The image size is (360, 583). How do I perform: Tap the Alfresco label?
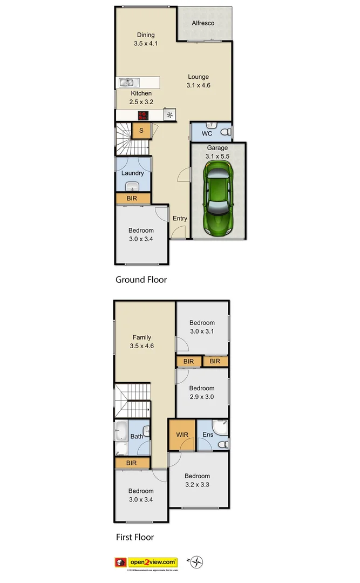[203, 23]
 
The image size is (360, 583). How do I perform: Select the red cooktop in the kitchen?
[143, 115]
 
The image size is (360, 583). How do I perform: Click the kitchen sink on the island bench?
[129, 83]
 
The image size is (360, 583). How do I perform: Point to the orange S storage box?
[141, 130]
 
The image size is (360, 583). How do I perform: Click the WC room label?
[207, 133]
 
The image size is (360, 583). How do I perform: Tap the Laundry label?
[132, 173]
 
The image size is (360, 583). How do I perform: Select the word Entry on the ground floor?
[180, 219]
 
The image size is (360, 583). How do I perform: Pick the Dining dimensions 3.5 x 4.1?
[146, 44]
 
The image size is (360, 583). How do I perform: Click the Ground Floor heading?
[141, 280]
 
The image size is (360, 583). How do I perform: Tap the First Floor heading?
[134, 537]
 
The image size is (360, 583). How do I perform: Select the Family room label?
[142, 337]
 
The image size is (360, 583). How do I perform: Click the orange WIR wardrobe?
[180, 435]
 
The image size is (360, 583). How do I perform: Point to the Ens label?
[207, 435]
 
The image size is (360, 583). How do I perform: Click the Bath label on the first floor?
[137, 436]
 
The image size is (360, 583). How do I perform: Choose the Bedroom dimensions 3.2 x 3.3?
[197, 485]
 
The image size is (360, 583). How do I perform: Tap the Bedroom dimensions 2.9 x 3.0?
[201, 397]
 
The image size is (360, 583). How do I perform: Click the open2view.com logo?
[153, 562]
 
